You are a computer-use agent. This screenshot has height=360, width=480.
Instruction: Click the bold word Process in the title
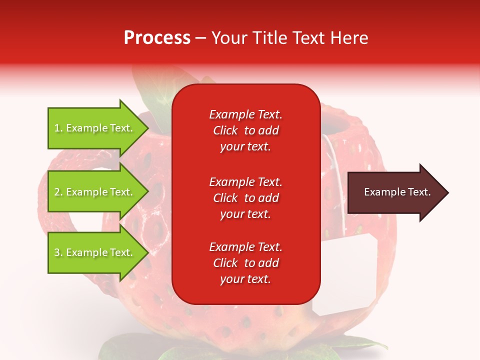[x=157, y=38]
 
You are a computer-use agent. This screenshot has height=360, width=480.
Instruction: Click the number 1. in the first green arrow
[x=58, y=128]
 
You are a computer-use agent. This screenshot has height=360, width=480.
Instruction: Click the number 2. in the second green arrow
[x=58, y=192]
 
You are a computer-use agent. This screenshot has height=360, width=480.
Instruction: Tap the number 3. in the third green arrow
[x=58, y=253]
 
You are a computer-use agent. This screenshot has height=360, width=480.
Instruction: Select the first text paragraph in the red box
[x=245, y=130]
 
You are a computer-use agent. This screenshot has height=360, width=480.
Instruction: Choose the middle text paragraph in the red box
[x=245, y=198]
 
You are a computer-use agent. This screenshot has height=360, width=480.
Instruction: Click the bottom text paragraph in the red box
[x=245, y=263]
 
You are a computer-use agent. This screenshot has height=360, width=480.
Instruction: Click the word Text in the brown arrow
[x=419, y=192]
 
